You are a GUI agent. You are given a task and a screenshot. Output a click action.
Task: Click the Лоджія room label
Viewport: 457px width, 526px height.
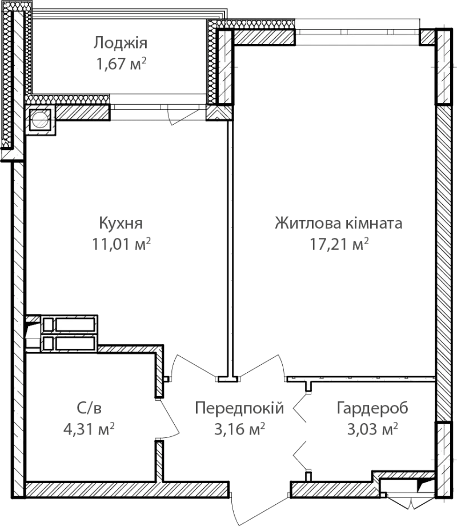click(x=120, y=43)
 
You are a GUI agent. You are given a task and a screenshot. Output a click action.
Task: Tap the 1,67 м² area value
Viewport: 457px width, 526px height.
click(x=121, y=63)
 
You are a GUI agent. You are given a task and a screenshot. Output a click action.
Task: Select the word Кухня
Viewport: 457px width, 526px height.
click(x=121, y=223)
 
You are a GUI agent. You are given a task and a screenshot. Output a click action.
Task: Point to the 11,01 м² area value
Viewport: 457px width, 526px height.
click(x=121, y=244)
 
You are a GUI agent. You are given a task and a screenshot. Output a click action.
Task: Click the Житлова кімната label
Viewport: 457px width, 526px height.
click(x=339, y=223)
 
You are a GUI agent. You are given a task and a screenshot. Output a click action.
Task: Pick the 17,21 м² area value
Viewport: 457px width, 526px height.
click(x=339, y=244)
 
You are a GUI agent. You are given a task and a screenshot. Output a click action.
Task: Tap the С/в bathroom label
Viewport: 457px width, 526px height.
click(x=89, y=408)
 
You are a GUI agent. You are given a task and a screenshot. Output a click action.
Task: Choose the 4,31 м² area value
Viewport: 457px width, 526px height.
click(x=89, y=429)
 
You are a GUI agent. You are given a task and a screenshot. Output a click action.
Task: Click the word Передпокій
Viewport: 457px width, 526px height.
click(x=239, y=408)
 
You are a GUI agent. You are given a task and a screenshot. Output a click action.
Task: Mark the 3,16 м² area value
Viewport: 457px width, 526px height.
click(x=240, y=429)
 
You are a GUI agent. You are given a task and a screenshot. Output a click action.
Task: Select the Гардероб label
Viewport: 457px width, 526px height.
click(x=372, y=408)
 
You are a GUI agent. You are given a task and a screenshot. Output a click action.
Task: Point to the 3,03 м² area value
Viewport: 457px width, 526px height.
click(x=372, y=429)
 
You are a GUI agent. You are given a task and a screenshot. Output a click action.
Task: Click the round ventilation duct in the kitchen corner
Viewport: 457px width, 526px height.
click(x=40, y=119)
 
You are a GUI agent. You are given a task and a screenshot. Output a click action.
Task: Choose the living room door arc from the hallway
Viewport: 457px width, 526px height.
click(x=265, y=364)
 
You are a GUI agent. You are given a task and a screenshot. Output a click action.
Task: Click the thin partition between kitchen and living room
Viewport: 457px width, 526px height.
click(x=230, y=248)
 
